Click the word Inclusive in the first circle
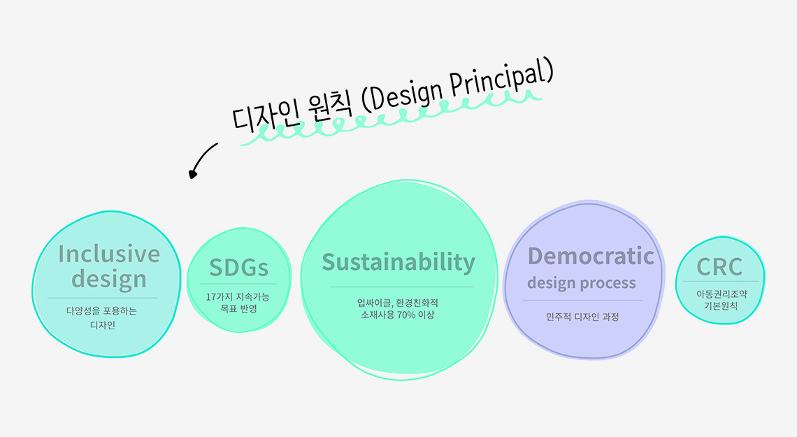[x=109, y=254]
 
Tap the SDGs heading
[x=239, y=267]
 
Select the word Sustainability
[x=398, y=263]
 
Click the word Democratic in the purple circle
[x=591, y=256]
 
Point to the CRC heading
[x=719, y=266]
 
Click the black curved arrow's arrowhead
[x=193, y=174]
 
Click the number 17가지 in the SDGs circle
[x=220, y=296]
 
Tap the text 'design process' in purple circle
[x=582, y=283]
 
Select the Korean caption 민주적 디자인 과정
[x=582, y=317]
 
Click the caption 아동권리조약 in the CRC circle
[x=721, y=294]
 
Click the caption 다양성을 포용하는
[x=101, y=311]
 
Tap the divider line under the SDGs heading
[x=238, y=284]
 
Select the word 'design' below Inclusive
[x=109, y=280]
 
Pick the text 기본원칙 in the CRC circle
[x=720, y=306]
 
